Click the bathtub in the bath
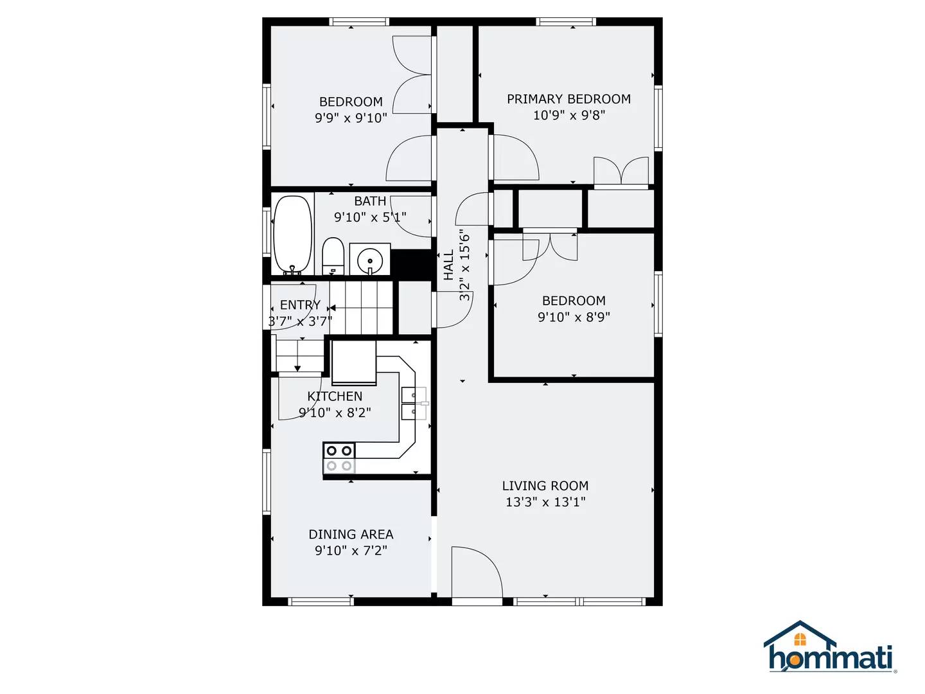click(x=292, y=235)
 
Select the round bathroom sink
click(x=370, y=260)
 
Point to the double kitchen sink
click(x=413, y=403)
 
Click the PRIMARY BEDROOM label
click(x=568, y=99)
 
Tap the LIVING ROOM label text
click(x=545, y=486)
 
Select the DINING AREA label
click(x=351, y=534)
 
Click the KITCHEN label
click(x=335, y=396)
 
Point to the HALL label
click(x=448, y=265)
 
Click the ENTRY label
click(x=300, y=305)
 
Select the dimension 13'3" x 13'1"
click(x=545, y=502)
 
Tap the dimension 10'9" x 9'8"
click(x=568, y=115)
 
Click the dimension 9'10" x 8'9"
click(x=574, y=317)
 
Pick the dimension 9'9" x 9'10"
click(x=351, y=118)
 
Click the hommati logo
click(x=831, y=648)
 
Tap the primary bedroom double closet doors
click(x=621, y=172)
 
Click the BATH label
click(x=370, y=201)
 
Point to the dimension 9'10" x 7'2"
click(x=351, y=550)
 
